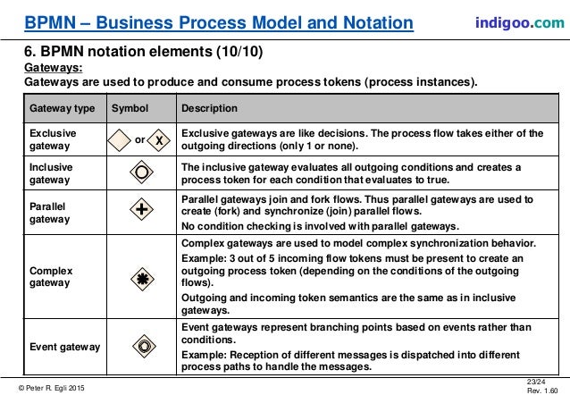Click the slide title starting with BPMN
pyautogui.click(x=219, y=21)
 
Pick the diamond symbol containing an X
pyautogui.click(x=159, y=140)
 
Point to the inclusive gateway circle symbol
pyautogui.click(x=138, y=172)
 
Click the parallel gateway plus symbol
pyautogui.click(x=138, y=211)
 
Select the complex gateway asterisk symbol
pyautogui.click(x=138, y=277)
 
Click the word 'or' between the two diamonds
pyautogui.click(x=139, y=140)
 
